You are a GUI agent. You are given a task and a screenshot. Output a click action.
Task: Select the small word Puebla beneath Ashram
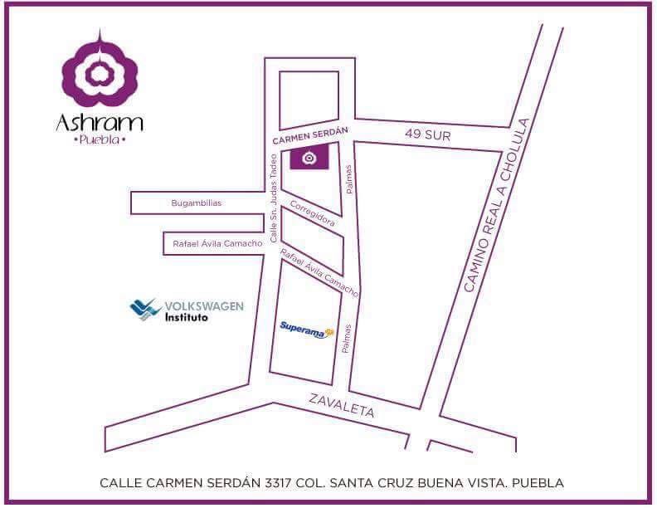pyautogui.click(x=100, y=140)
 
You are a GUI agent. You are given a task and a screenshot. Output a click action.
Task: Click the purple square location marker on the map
pyautogui.click(x=309, y=157)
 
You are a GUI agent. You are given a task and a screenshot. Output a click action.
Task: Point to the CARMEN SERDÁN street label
pyautogui.click(x=311, y=134)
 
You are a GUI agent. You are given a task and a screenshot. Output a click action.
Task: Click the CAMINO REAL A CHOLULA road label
pyautogui.click(x=496, y=204)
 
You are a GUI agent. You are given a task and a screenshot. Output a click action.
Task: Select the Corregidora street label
pyautogui.click(x=313, y=212)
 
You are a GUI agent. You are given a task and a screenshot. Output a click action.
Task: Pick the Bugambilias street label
pyautogui.click(x=197, y=203)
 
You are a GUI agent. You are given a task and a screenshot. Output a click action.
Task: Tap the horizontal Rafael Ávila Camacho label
pyautogui.click(x=217, y=243)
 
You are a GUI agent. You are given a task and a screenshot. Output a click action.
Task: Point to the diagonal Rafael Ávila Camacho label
pyautogui.click(x=319, y=273)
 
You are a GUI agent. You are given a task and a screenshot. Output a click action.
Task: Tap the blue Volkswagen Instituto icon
pyautogui.click(x=146, y=310)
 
